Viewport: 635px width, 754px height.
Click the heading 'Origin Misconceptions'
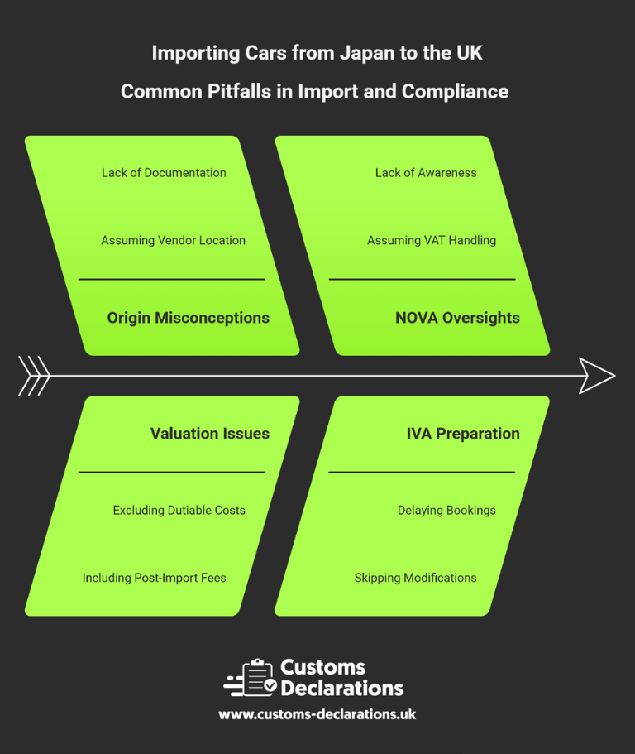pyautogui.click(x=188, y=318)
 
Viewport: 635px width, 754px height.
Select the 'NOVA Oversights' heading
pyautogui.click(x=457, y=318)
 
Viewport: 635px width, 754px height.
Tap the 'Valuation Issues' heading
pyautogui.click(x=209, y=433)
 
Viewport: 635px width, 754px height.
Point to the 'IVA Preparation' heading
pyautogui.click(x=462, y=433)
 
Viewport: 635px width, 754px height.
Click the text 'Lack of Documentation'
pyautogui.click(x=164, y=172)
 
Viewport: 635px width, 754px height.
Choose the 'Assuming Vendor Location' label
pyautogui.click(x=173, y=240)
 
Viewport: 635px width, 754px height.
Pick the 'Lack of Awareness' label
pyautogui.click(x=426, y=172)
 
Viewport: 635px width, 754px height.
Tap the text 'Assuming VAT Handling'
pyautogui.click(x=432, y=240)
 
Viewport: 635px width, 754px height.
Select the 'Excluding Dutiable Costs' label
pyautogui.click(x=179, y=510)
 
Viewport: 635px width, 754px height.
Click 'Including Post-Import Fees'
pyautogui.click(x=154, y=578)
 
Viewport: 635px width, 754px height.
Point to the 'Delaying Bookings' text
pyautogui.click(x=446, y=510)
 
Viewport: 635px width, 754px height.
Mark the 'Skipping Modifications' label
pyautogui.click(x=415, y=578)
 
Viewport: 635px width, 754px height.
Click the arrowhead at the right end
pyautogui.click(x=597, y=376)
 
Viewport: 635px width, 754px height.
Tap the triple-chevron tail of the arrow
pyautogui.click(x=34, y=376)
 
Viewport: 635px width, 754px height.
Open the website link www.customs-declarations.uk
pyautogui.click(x=317, y=714)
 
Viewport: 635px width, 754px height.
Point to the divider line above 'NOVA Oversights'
pyautogui.click(x=422, y=279)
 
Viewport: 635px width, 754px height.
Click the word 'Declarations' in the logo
pyautogui.click(x=341, y=688)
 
